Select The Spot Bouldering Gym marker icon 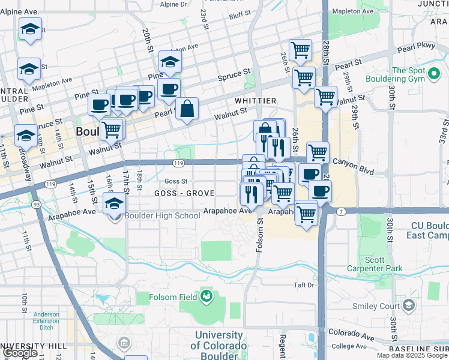pos(433,75)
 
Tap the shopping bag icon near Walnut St pos(188,109)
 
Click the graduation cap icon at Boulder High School pos(114,204)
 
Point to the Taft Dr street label pos(304,285)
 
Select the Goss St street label pos(176,181)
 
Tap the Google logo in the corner pos(20,353)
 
